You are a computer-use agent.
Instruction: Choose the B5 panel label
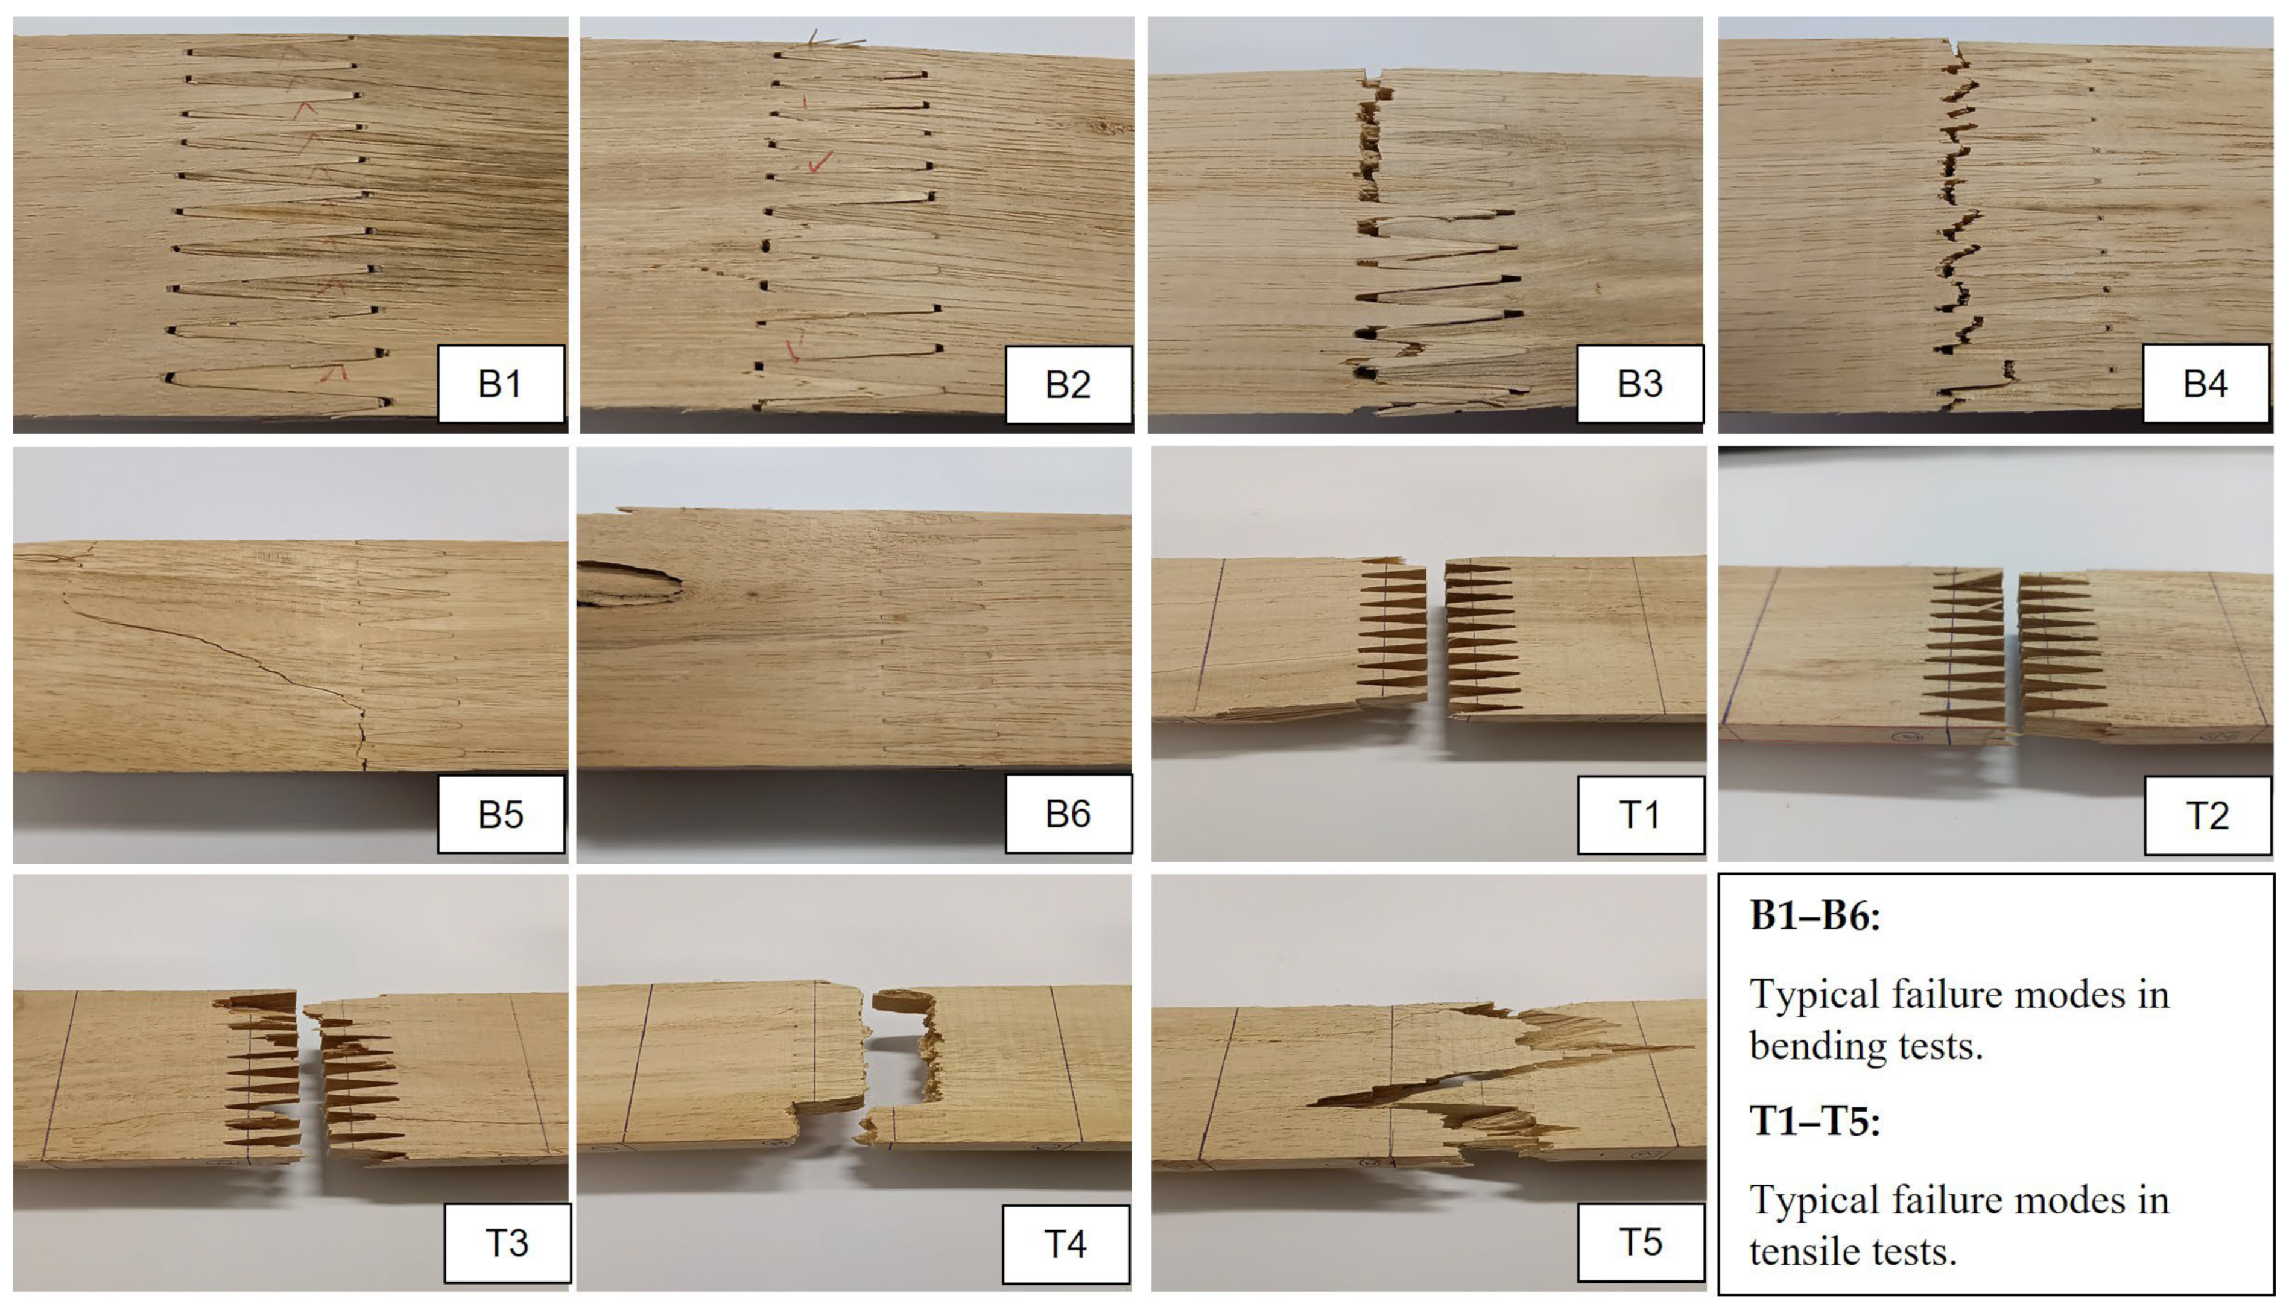click(501, 814)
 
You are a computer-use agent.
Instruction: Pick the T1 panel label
click(1641, 814)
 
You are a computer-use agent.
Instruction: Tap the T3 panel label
click(508, 1242)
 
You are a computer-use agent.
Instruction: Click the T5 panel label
click(1641, 1242)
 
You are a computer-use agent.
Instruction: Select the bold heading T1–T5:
click(1815, 1122)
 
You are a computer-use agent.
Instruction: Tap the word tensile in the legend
click(1805, 1251)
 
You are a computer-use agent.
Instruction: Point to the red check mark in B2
click(820, 162)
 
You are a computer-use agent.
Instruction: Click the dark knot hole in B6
click(628, 583)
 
